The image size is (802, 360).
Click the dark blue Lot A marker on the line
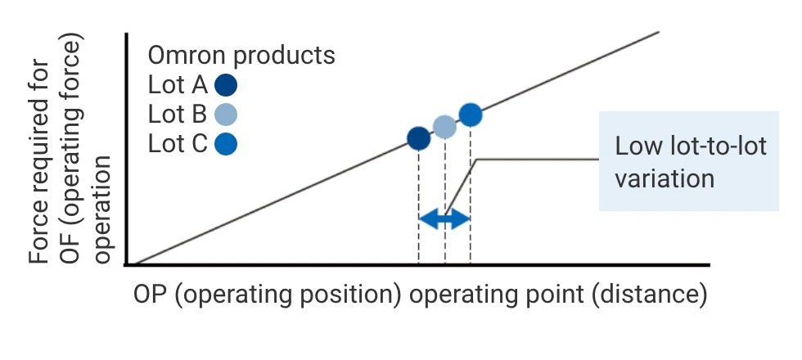(x=418, y=138)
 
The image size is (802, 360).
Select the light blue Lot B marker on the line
(x=444, y=127)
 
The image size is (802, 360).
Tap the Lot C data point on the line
(x=470, y=115)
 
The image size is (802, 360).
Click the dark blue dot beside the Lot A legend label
(x=226, y=85)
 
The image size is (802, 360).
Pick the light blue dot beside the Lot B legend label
(x=226, y=115)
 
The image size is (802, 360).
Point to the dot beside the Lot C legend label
(x=226, y=144)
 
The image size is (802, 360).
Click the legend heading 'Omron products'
(x=241, y=56)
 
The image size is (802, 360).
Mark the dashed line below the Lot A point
(x=418, y=205)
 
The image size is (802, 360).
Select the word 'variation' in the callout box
(x=665, y=178)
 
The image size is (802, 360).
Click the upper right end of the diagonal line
(x=657, y=32)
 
